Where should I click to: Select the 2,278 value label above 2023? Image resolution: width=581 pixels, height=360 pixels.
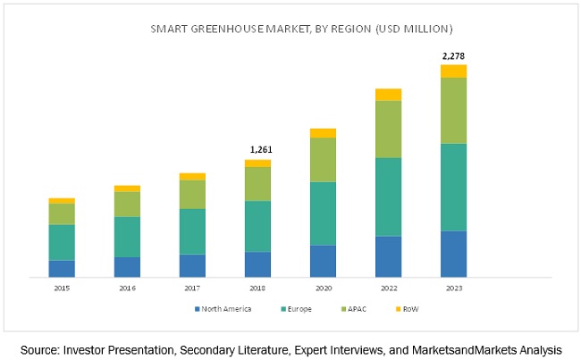tap(453, 56)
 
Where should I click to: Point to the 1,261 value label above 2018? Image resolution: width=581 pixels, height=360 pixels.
tap(257, 151)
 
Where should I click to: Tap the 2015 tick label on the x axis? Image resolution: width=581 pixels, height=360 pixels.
tap(62, 289)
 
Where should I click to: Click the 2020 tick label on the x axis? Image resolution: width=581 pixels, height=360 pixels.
tap(323, 289)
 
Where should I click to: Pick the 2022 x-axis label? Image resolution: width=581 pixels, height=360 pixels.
tap(388, 289)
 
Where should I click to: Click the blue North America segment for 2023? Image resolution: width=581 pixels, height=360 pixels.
tap(453, 255)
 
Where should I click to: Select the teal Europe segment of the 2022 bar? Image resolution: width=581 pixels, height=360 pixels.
tap(388, 197)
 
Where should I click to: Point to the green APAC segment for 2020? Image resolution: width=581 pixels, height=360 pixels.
tap(323, 160)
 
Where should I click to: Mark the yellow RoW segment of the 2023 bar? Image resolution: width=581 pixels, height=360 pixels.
tap(453, 71)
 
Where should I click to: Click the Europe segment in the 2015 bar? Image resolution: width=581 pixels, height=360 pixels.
tap(62, 242)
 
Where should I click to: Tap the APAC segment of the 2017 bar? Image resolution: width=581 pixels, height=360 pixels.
tap(192, 194)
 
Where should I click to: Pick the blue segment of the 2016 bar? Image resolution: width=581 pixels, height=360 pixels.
tap(127, 267)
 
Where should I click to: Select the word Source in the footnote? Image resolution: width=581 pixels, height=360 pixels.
tap(39, 349)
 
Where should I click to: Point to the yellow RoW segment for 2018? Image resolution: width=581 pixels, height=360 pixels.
tap(257, 163)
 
